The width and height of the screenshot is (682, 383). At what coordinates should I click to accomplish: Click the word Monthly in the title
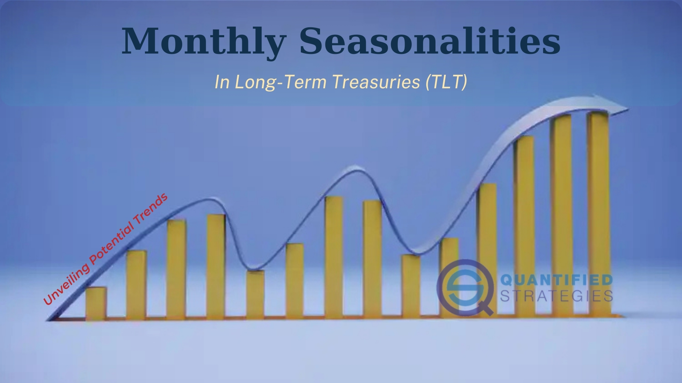click(204, 41)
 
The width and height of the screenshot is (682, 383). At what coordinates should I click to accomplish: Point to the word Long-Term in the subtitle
click(280, 82)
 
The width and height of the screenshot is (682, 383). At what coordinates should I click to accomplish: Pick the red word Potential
click(112, 244)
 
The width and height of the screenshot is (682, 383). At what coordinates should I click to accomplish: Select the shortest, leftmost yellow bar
click(96, 303)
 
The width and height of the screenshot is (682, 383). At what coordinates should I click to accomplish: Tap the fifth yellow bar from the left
click(255, 294)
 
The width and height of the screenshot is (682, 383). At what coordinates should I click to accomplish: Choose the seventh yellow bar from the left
click(334, 257)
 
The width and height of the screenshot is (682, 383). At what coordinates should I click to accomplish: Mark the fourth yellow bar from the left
click(216, 267)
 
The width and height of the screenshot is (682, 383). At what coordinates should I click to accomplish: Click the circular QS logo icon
click(465, 288)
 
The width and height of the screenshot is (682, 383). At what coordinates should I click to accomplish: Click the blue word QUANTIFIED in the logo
click(557, 280)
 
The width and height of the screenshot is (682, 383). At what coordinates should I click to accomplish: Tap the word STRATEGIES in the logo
click(557, 295)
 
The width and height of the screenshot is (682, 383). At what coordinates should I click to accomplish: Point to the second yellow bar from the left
click(136, 285)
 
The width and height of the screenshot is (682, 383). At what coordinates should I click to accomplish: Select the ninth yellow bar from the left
click(411, 285)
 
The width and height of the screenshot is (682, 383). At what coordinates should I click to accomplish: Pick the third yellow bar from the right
click(524, 226)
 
